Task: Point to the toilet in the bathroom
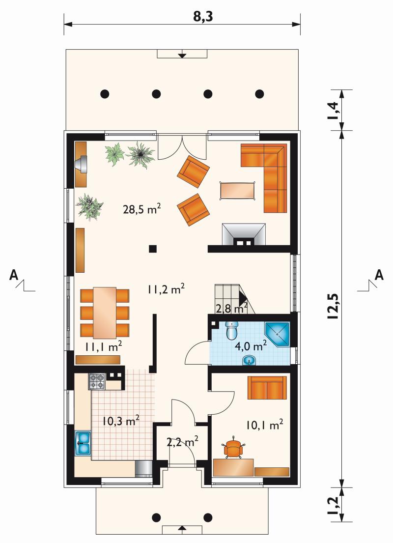click(232, 330)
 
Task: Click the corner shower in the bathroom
click(277, 335)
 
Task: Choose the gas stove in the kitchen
click(97, 381)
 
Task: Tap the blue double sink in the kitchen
click(83, 443)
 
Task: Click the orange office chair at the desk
click(234, 448)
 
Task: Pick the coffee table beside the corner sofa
click(238, 191)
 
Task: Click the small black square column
click(153, 248)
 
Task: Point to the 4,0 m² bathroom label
click(251, 345)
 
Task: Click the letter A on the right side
click(380, 275)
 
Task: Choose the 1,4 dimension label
click(334, 111)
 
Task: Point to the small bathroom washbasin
click(249, 361)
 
